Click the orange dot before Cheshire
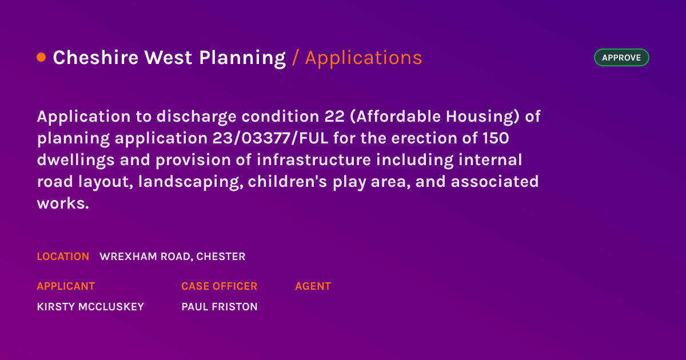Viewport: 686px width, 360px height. (41, 57)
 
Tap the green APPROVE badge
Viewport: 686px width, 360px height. (621, 58)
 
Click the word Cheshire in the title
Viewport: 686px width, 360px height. (95, 58)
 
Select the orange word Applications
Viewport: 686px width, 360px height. (364, 58)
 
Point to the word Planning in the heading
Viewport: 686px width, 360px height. (242, 58)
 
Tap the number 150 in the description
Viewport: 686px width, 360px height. (496, 138)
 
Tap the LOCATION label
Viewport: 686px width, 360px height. (63, 257)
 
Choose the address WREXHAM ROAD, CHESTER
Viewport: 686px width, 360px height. (173, 257)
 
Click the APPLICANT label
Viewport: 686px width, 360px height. (66, 286)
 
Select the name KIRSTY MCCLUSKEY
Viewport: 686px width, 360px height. (90, 307)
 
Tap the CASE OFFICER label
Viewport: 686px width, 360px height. (219, 286)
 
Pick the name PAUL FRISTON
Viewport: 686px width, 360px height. (219, 307)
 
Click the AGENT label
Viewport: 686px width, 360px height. (313, 286)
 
